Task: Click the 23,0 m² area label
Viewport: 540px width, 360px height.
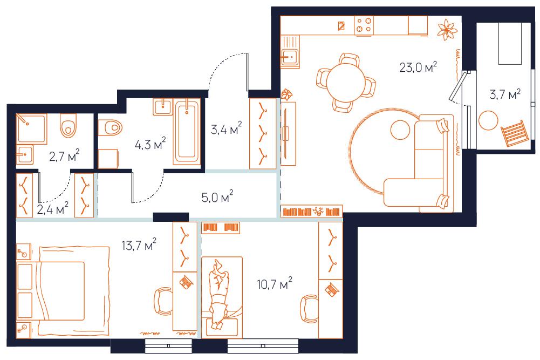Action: click(418, 66)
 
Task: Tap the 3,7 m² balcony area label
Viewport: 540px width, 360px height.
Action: click(505, 94)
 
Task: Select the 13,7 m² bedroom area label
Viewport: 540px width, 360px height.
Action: click(139, 245)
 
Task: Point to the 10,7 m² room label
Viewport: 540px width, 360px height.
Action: click(275, 283)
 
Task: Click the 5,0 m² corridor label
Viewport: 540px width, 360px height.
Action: click(217, 197)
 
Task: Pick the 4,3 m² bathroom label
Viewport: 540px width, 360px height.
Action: click(150, 144)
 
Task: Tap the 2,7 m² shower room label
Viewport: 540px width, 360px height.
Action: click(64, 156)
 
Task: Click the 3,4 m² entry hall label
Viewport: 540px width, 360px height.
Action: click(226, 128)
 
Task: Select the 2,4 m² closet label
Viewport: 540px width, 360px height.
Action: click(52, 209)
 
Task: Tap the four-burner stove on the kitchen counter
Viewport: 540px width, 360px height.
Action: click(364, 25)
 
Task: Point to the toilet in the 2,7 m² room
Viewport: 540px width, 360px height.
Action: click(69, 126)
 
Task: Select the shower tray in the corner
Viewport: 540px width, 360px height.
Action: click(31, 128)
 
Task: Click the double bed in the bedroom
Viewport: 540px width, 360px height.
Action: click(63, 291)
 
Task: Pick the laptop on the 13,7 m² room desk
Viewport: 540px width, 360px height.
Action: click(186, 282)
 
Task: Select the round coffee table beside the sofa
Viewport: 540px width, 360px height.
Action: click(400, 130)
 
